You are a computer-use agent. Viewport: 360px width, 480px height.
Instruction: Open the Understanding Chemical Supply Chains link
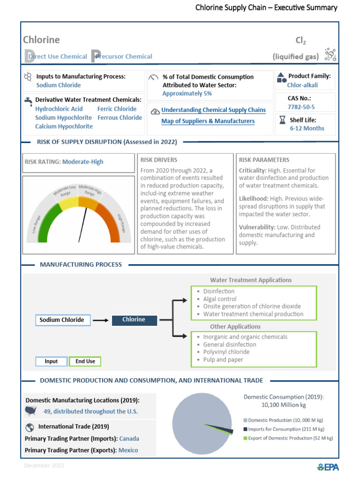pyautogui.click(x=213, y=110)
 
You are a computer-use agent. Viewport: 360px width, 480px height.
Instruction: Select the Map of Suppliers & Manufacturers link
pyautogui.click(x=208, y=121)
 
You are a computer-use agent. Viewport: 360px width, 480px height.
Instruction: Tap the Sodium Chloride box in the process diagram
pyautogui.click(x=62, y=320)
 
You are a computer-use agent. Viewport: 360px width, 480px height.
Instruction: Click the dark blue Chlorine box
pyautogui.click(x=134, y=320)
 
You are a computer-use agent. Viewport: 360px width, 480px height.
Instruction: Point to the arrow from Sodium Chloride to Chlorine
pyautogui.click(x=99, y=321)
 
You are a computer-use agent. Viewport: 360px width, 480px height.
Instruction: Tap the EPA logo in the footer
pyautogui.click(x=328, y=467)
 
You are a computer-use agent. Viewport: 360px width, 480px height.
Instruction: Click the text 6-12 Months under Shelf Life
pyautogui.click(x=307, y=128)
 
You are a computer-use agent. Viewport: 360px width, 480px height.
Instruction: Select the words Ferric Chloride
pyautogui.click(x=117, y=109)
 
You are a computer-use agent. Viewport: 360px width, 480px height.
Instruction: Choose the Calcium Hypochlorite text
pyautogui.click(x=64, y=127)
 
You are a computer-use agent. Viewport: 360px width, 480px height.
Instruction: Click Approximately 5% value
pyautogui.click(x=187, y=94)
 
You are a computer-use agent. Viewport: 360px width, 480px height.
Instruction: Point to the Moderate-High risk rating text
pyautogui.click(x=82, y=162)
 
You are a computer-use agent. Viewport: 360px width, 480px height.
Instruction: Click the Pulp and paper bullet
pyautogui.click(x=223, y=360)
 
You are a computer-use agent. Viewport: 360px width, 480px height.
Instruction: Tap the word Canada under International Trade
pyautogui.click(x=129, y=439)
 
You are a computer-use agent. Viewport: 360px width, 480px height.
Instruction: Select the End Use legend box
pyautogui.click(x=85, y=361)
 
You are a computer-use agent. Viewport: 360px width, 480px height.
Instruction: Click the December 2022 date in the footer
pyautogui.click(x=44, y=466)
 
